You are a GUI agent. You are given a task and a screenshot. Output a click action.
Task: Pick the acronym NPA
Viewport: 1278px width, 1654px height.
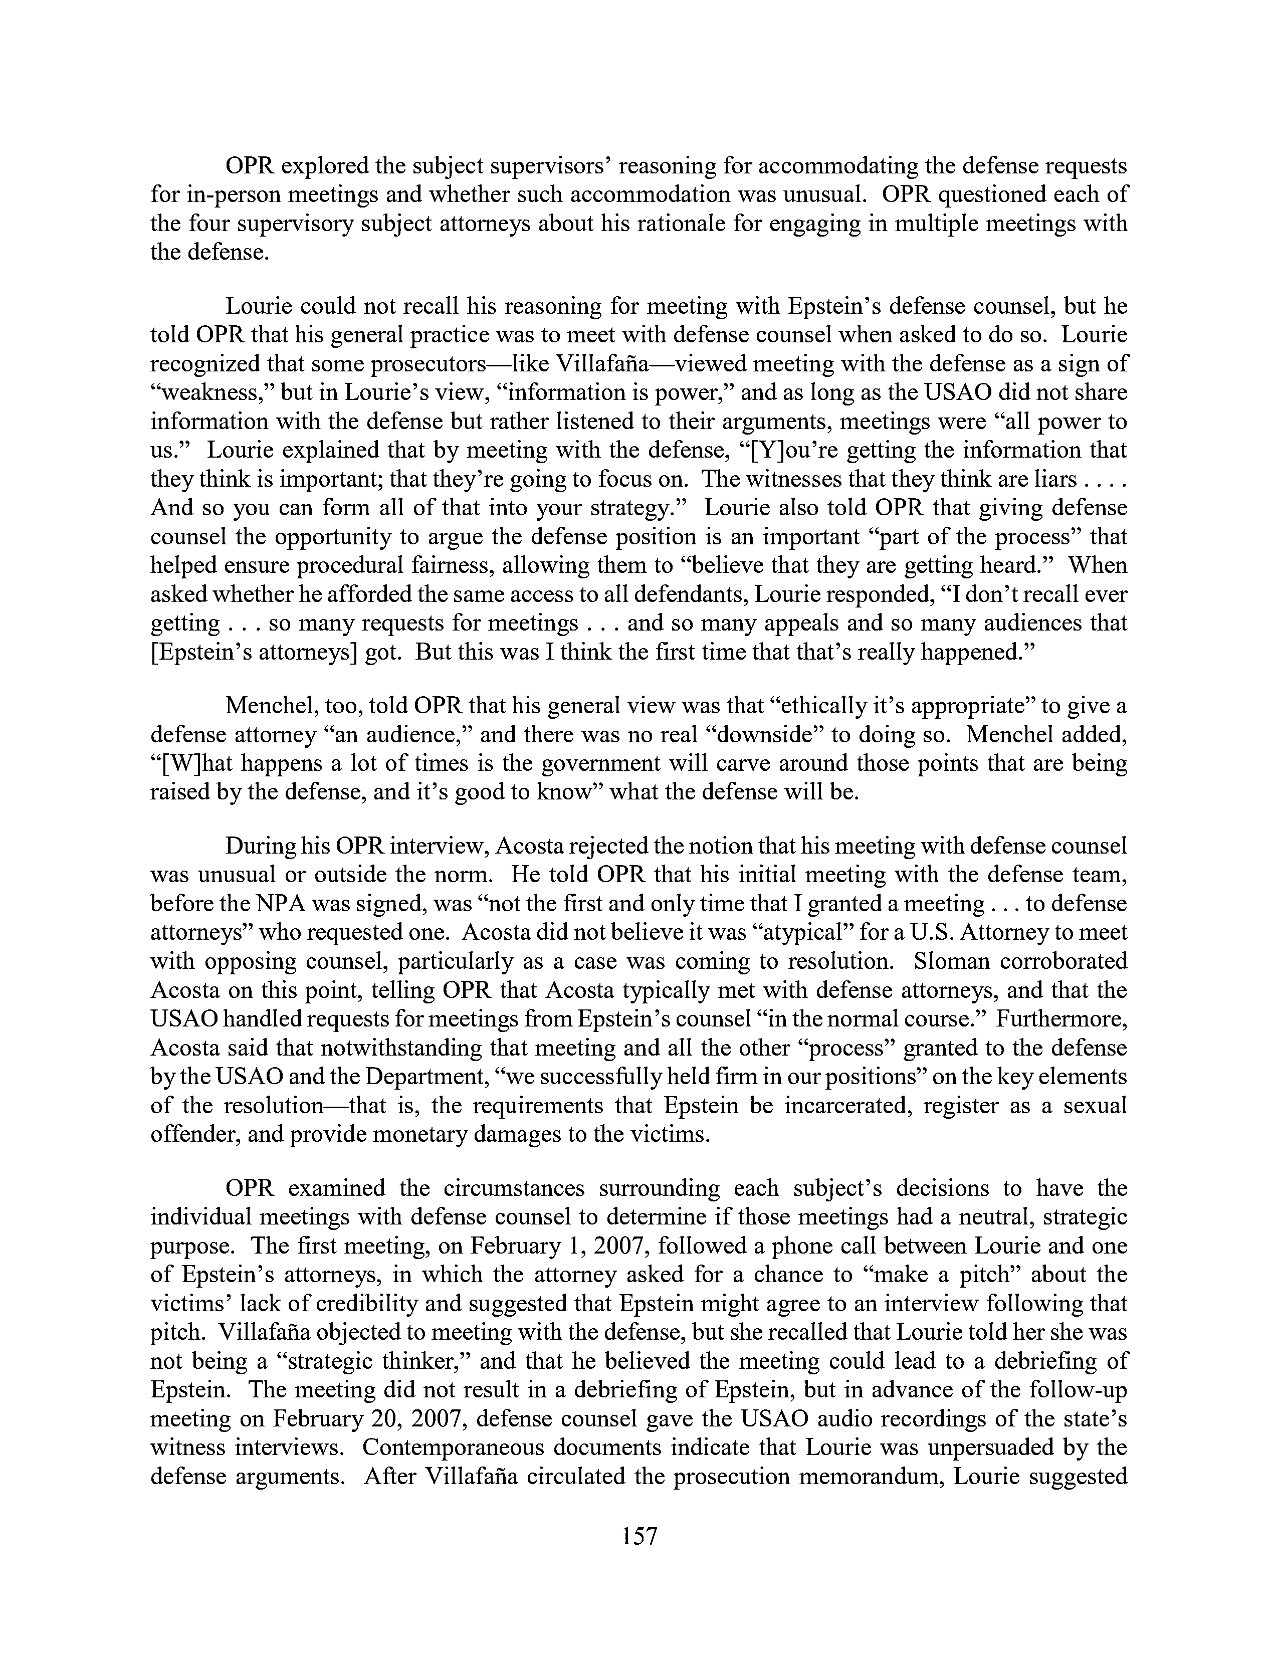coord(248,904)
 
